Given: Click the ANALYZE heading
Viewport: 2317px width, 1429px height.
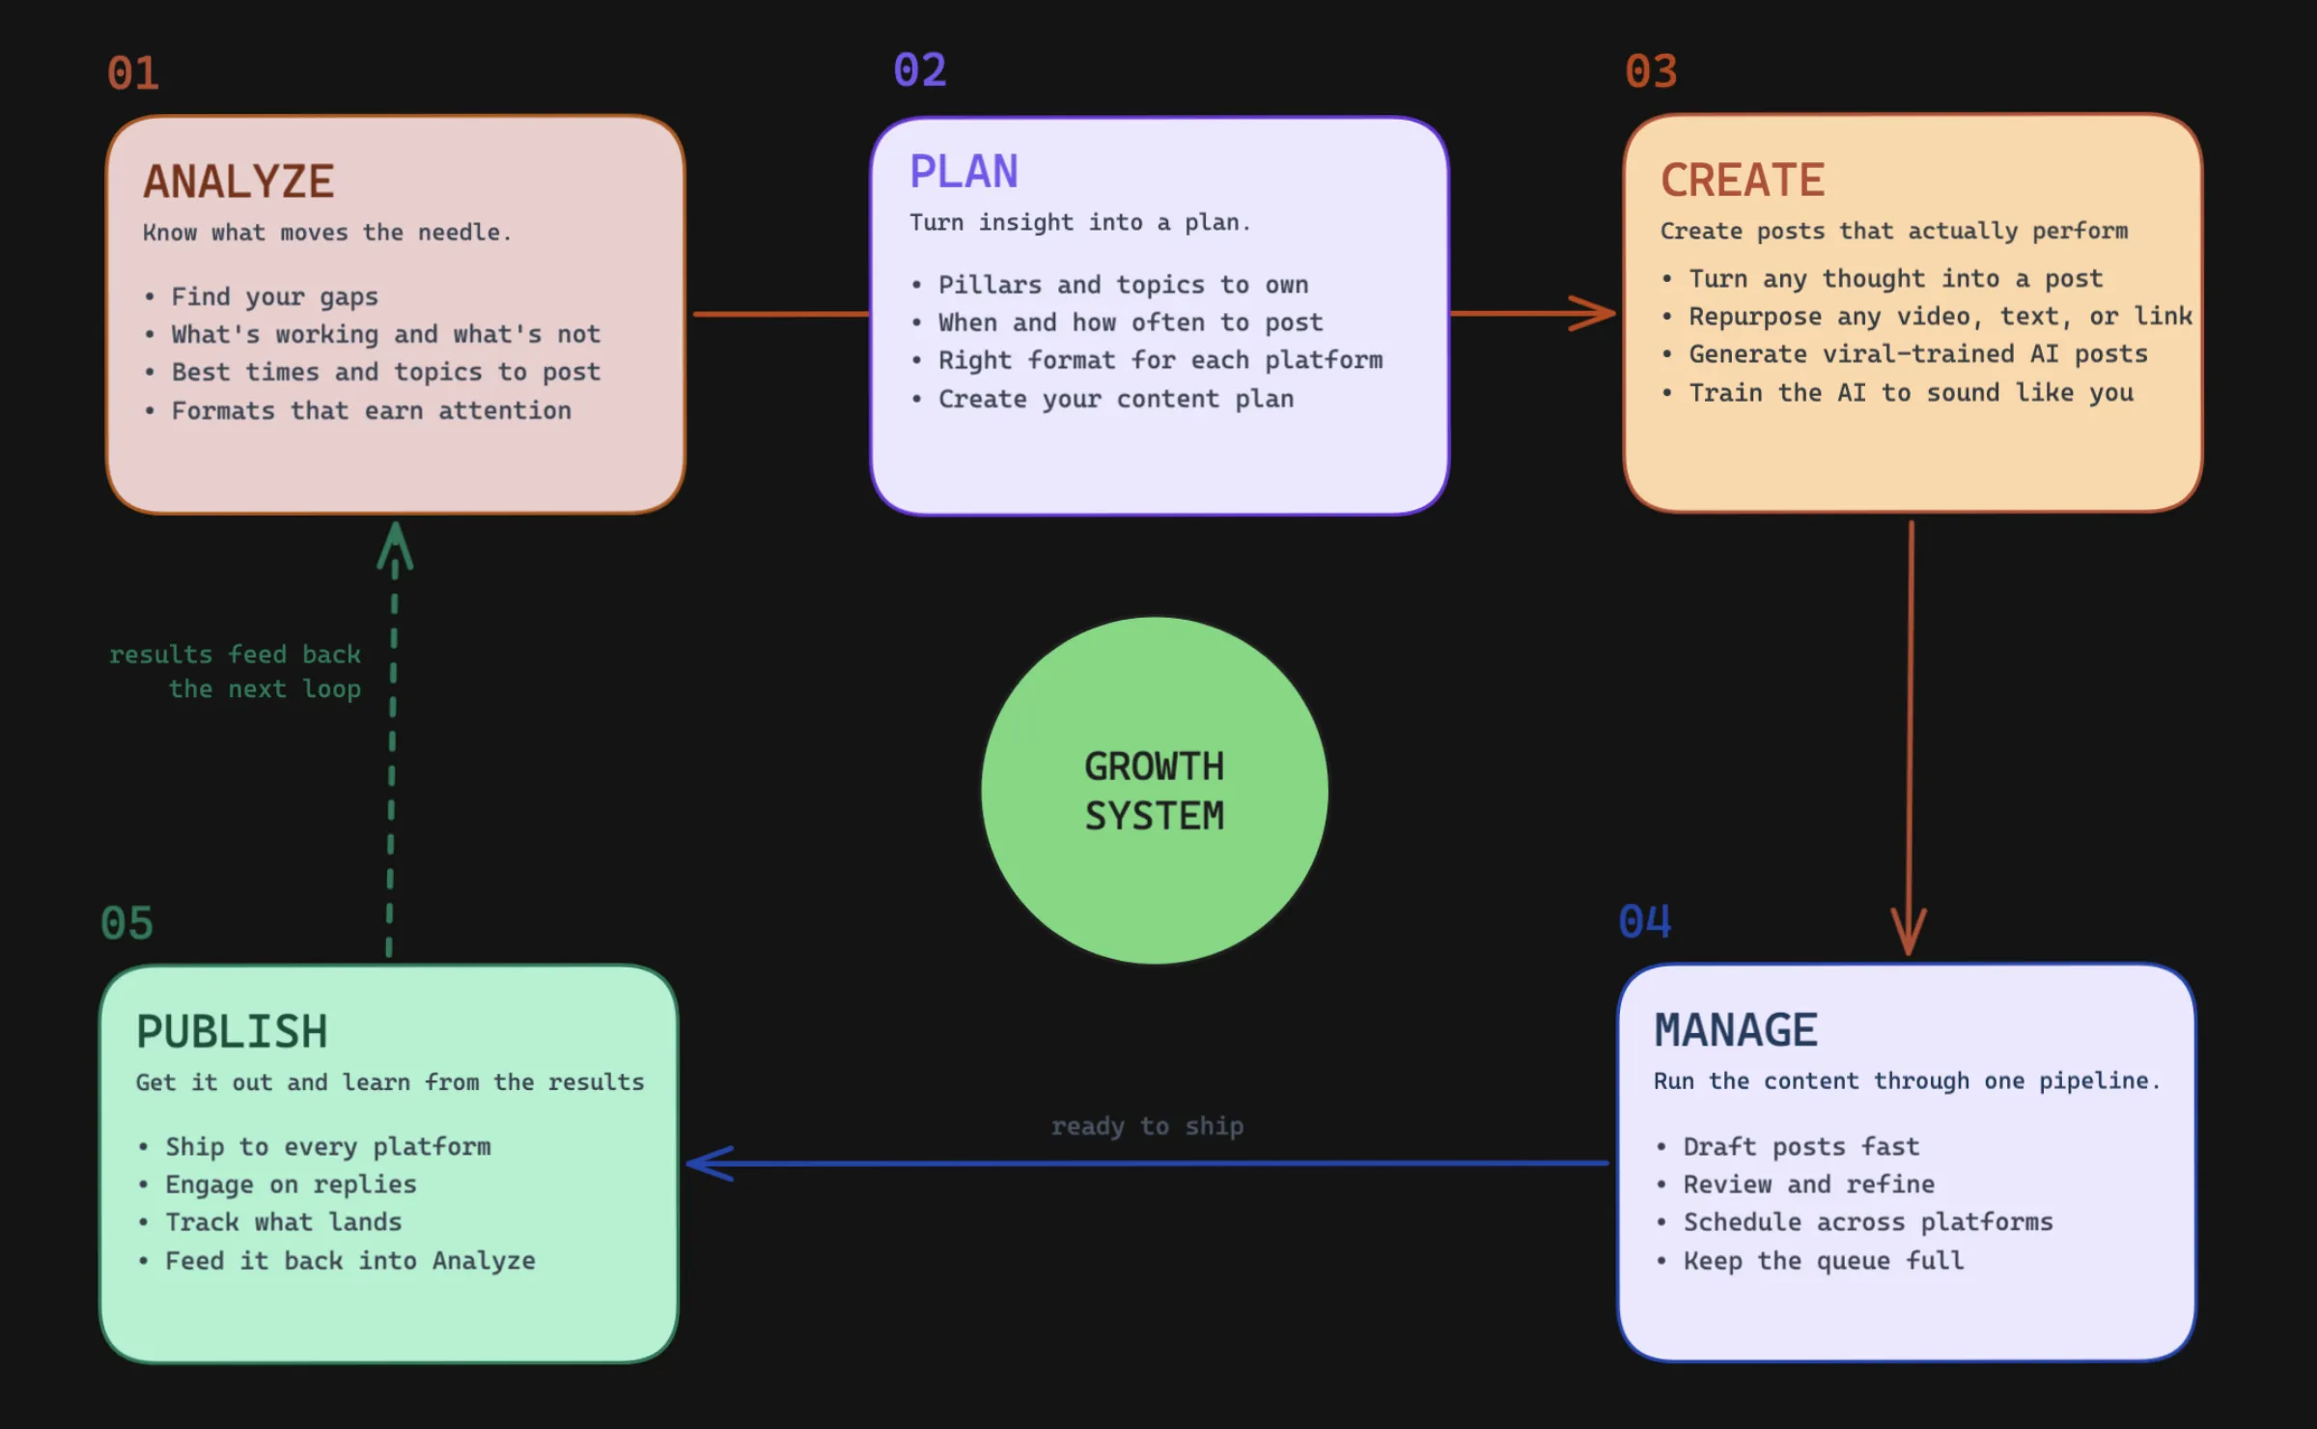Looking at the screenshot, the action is (x=238, y=182).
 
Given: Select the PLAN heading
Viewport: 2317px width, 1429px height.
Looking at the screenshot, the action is (x=963, y=172).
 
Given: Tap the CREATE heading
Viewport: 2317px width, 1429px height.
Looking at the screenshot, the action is (x=1743, y=181).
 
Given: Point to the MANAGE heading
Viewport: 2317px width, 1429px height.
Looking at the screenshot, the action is (x=1736, y=1030).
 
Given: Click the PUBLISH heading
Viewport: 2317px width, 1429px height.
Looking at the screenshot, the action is (x=232, y=1032).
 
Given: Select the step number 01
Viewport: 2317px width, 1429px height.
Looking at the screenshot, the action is (x=133, y=73).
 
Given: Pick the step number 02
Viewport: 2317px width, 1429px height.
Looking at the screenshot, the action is (x=920, y=70).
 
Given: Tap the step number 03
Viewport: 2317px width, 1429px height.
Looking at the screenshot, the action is (x=1651, y=71).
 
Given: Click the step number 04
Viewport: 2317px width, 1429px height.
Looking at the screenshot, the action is (x=1645, y=921).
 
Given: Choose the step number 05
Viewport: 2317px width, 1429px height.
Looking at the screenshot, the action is (x=126, y=923).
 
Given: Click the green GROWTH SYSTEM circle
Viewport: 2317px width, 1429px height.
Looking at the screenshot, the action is (x=1155, y=791).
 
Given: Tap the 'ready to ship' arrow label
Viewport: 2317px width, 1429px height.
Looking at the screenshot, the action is (x=1147, y=1127).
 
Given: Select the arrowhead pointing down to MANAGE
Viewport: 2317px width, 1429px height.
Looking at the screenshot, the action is (x=1908, y=933).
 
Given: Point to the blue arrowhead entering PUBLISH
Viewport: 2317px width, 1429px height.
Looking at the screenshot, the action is (x=709, y=1163).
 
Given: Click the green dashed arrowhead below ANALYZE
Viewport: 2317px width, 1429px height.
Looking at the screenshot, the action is (x=395, y=545).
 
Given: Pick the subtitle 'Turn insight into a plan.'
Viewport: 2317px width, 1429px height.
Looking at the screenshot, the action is (x=1079, y=223).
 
